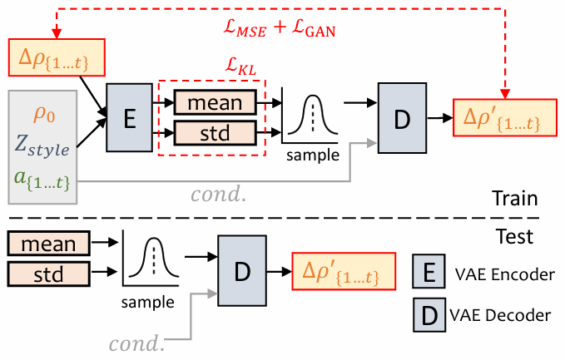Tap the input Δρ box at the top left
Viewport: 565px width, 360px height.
click(x=59, y=57)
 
